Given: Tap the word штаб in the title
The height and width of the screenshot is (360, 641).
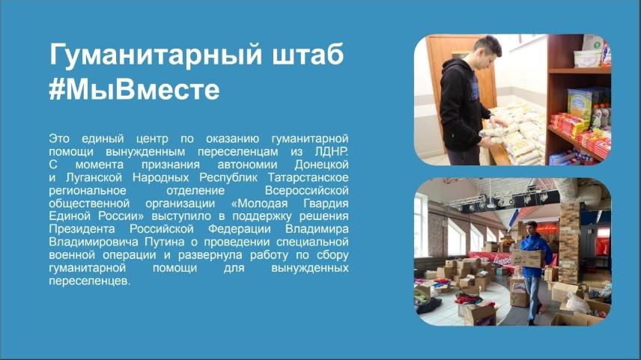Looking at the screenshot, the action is coord(308,54).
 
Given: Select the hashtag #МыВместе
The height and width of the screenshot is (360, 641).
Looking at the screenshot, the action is coord(135,89).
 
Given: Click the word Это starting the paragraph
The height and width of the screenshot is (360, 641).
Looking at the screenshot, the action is coord(59,138).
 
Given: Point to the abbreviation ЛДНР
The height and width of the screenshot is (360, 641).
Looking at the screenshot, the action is coord(332,152).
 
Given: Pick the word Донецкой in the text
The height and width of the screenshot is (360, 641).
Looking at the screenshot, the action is coord(321,165).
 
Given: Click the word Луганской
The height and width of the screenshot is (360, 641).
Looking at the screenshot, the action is coord(94,177).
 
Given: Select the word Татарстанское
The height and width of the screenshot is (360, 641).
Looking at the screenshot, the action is coord(309,177).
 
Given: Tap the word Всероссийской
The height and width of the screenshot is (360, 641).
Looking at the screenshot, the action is coord(306,190).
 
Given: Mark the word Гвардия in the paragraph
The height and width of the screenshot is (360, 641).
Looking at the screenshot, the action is coord(326,204).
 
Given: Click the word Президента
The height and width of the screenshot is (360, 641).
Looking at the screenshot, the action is coord(82,229).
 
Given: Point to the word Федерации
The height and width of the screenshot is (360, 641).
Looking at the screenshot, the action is coord(239,229).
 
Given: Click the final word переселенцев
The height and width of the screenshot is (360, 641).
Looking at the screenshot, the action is coord(90,281).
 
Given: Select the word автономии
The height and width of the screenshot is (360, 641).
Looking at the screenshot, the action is coord(247,165).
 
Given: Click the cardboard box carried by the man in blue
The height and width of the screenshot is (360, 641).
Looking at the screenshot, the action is coord(528,259).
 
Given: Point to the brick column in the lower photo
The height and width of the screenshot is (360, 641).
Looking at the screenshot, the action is coord(569,237).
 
